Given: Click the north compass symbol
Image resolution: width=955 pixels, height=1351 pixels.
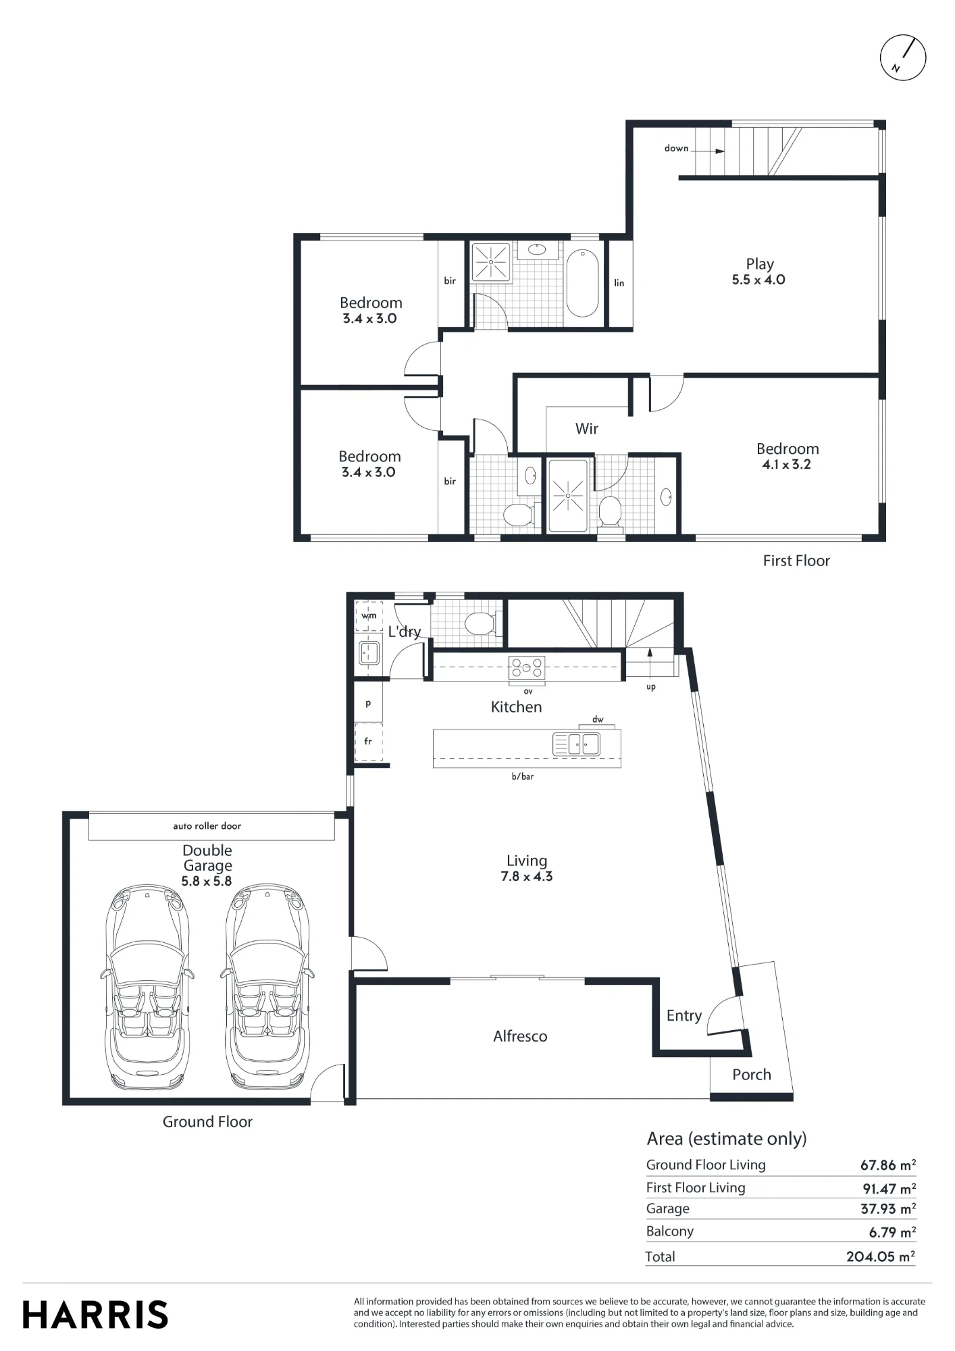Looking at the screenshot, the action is click(903, 57).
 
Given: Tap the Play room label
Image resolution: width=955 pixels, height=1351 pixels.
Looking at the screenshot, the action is click(760, 264).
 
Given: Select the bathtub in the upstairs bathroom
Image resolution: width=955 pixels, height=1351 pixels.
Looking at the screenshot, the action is click(582, 284).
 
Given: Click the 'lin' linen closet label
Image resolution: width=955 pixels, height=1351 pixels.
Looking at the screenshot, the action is click(619, 283).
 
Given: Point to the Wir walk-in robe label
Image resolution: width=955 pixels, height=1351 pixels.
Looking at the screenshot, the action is click(586, 428).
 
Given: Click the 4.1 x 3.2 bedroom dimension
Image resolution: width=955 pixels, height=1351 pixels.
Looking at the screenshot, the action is click(787, 465).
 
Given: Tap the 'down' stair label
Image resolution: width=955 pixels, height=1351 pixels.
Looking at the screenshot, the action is click(676, 148).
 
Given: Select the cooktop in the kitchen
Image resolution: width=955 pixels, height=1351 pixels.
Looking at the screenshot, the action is click(527, 667).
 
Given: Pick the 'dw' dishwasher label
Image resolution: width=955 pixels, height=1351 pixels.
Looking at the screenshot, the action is click(598, 719).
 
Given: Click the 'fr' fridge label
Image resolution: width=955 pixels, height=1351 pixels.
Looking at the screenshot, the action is click(368, 741).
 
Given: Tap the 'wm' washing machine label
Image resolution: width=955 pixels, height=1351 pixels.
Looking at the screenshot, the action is click(369, 615).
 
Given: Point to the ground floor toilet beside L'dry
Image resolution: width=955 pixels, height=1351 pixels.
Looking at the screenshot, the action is click(482, 623).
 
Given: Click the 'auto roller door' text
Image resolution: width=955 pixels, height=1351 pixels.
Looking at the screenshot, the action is click(207, 825).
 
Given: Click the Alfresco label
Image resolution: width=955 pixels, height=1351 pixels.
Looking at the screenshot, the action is click(520, 1036).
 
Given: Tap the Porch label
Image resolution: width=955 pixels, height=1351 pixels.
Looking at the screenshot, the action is click(752, 1074).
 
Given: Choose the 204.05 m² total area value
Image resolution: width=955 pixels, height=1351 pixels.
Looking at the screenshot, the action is click(881, 1256).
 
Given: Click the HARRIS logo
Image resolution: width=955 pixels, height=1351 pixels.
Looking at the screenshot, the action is click(95, 1315).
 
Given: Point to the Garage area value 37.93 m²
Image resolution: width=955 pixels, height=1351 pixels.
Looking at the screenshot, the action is click(888, 1208).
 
